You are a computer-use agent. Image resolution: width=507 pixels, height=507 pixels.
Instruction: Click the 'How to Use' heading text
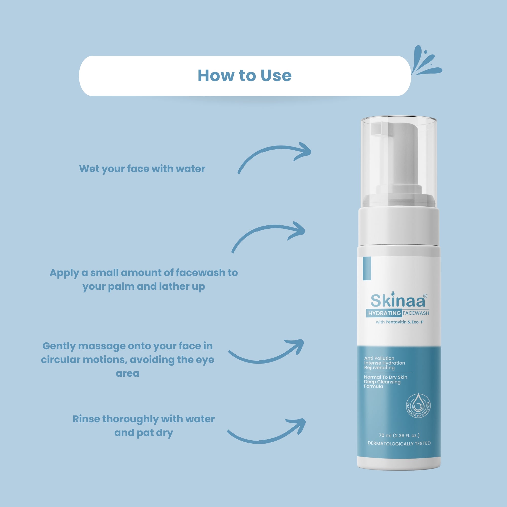244,76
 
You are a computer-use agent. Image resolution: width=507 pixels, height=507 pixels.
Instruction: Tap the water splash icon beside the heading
426,62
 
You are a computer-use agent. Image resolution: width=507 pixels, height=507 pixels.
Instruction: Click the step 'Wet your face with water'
142,169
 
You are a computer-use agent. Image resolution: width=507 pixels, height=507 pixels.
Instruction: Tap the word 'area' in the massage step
128,373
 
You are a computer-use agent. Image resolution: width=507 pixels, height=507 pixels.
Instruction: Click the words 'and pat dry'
143,433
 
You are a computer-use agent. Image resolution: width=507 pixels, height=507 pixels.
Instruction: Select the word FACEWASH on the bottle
416,313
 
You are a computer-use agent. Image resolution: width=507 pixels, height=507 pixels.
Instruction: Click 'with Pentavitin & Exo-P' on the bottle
400,322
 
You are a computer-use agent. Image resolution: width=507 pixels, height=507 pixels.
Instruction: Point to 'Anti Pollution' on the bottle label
379,358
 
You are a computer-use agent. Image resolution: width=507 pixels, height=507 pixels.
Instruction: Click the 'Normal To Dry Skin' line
385,377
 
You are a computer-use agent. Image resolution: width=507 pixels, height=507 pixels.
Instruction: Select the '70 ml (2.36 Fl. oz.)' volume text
399,435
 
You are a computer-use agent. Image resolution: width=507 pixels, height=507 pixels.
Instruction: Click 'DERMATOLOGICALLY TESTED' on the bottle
399,443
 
